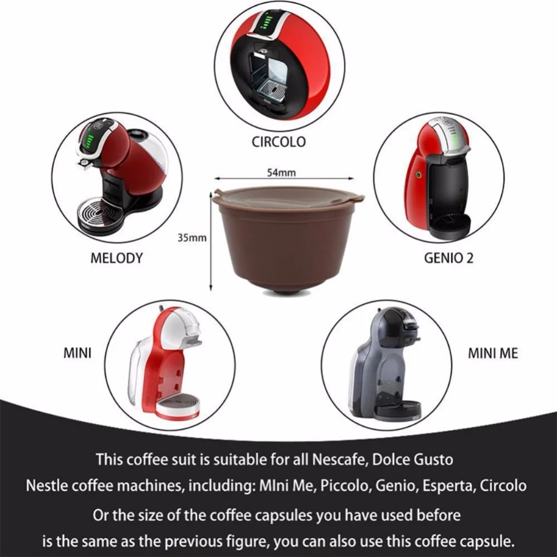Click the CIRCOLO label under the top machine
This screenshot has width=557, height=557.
point(278,141)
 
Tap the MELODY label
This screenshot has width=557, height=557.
point(116,258)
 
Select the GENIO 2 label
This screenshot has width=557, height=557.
point(452,258)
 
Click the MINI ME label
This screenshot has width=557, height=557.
point(492,353)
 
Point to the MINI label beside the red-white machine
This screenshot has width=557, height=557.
point(77,353)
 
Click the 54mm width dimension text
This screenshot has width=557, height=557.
point(281,172)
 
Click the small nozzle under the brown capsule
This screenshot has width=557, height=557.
point(288,292)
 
